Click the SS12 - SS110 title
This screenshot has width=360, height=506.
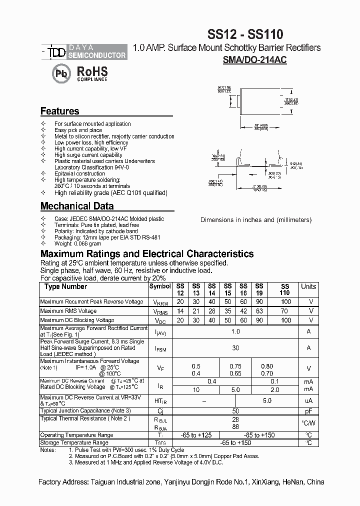[245, 34]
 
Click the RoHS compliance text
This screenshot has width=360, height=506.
[92, 73]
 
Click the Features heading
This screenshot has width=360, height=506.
[59, 111]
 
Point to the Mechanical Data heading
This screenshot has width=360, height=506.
[76, 206]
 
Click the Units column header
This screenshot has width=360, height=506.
[308, 286]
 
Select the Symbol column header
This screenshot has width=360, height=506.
[160, 286]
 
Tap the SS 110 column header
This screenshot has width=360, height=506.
[284, 289]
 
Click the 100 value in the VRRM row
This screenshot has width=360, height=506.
[285, 301]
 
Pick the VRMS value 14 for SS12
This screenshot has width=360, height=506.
[180, 311]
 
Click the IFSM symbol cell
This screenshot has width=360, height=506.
[160, 348]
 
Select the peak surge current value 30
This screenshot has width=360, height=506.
[235, 348]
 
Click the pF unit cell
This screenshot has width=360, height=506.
[309, 410]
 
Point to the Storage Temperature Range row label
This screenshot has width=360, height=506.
[74, 442]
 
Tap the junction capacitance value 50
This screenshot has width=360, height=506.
[235, 410]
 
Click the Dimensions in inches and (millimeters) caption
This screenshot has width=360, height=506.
[255, 219]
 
